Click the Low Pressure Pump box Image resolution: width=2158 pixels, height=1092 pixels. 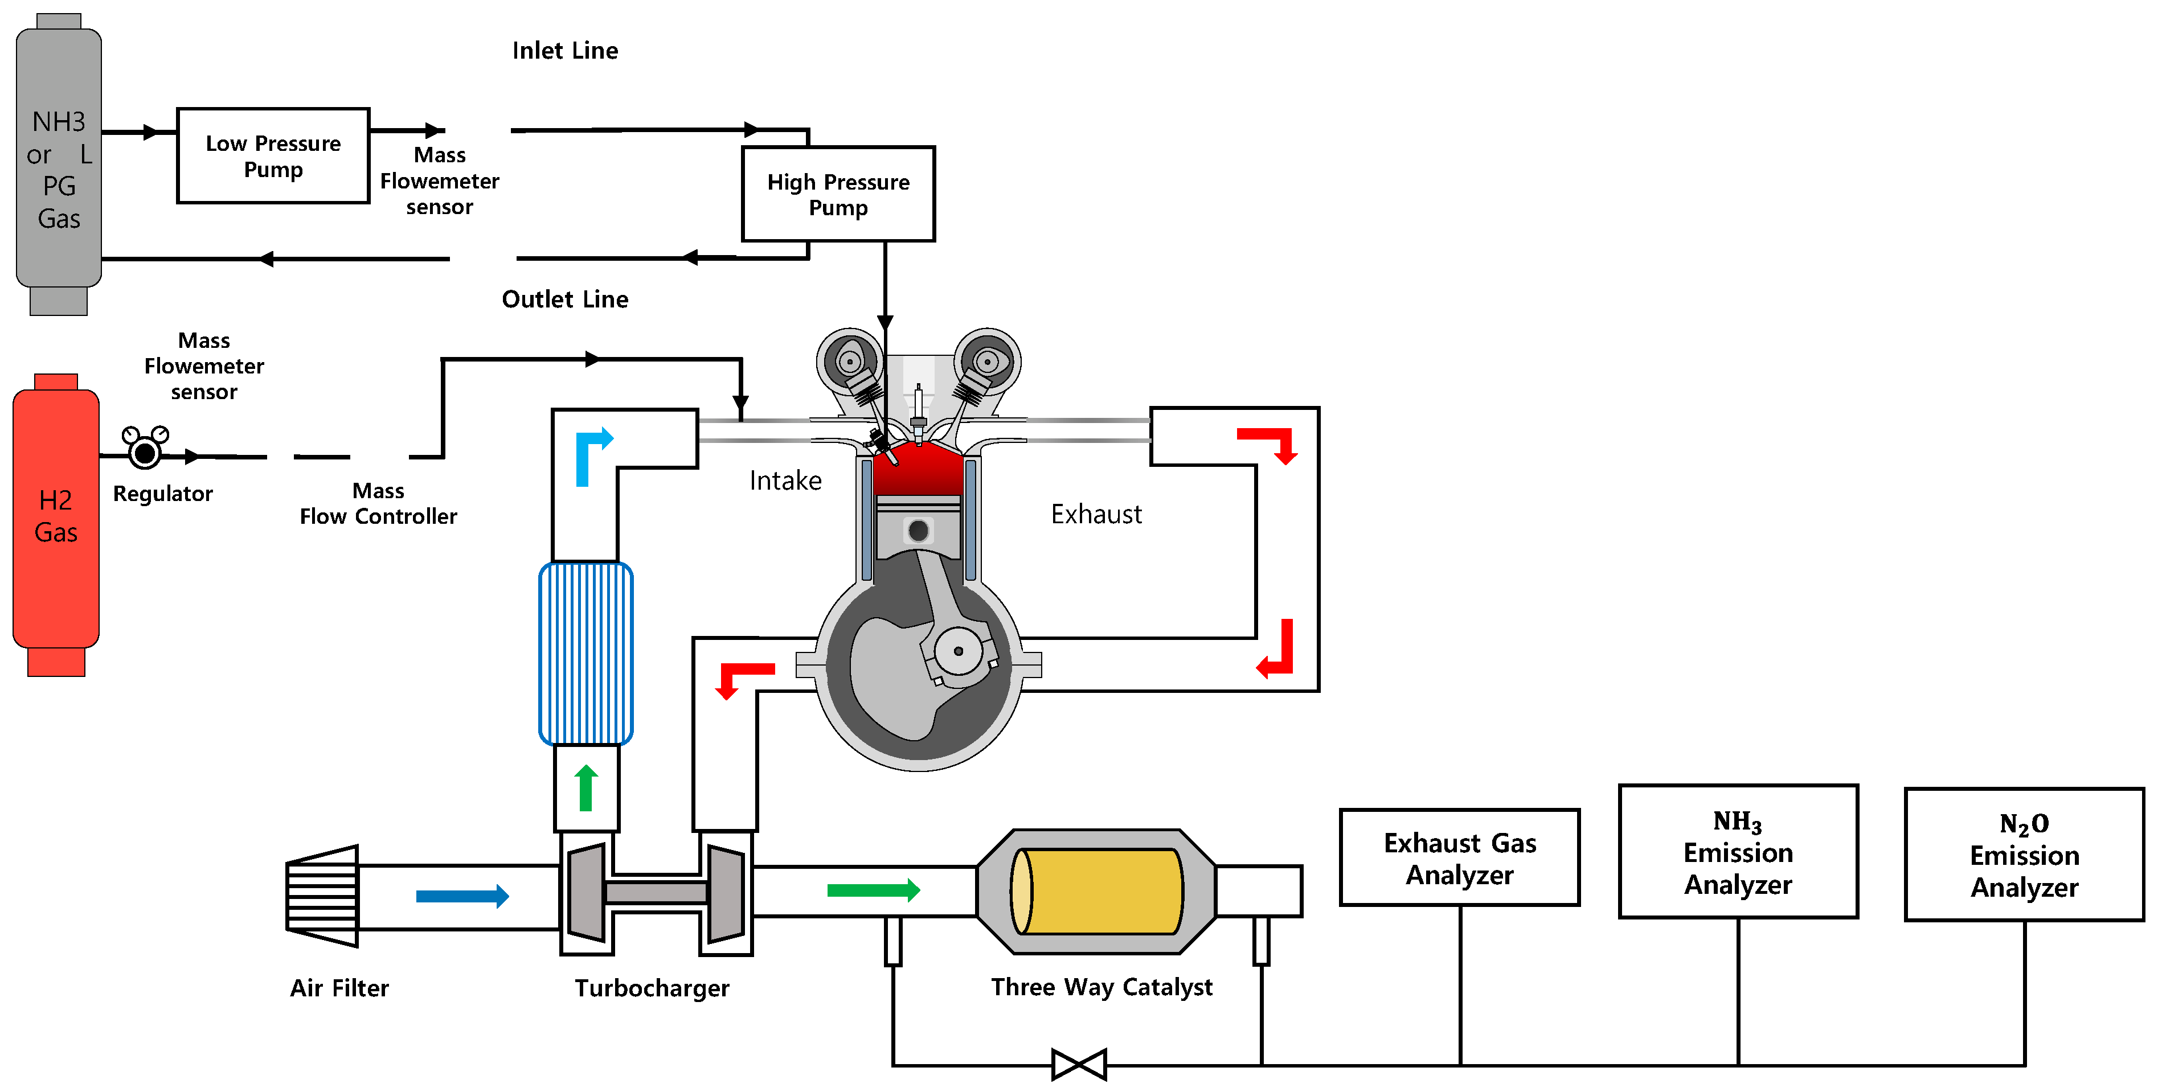point(273,156)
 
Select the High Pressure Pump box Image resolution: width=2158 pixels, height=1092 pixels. point(838,194)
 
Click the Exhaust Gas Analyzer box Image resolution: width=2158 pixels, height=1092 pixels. point(1459,857)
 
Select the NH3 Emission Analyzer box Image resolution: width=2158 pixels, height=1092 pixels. point(1738,852)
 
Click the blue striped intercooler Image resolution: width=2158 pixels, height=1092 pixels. point(585,653)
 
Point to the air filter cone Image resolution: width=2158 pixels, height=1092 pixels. point(322,896)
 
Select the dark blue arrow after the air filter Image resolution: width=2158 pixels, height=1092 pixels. point(462,896)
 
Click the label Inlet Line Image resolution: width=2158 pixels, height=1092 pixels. point(566,51)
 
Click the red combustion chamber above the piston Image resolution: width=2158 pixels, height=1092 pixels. point(918,471)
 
